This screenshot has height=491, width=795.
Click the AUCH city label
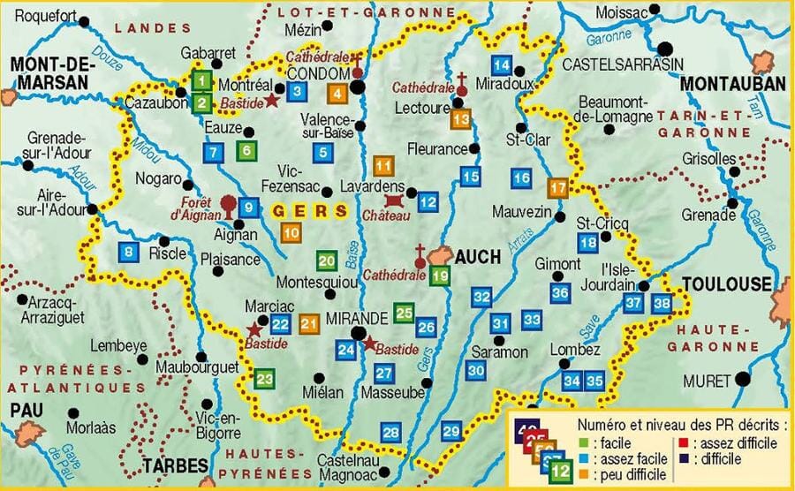(477, 256)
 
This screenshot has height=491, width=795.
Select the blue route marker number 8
(130, 252)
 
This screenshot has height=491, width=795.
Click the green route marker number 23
(264, 380)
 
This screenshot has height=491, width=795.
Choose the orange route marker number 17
(557, 187)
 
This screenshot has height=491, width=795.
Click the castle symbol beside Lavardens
(394, 202)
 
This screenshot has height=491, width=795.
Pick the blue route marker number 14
(501, 64)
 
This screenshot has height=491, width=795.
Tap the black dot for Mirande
(358, 333)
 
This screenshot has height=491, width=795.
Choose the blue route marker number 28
(390, 432)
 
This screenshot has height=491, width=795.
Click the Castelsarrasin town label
(611, 64)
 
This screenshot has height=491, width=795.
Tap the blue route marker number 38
(662, 304)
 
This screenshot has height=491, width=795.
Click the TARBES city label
(174, 465)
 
